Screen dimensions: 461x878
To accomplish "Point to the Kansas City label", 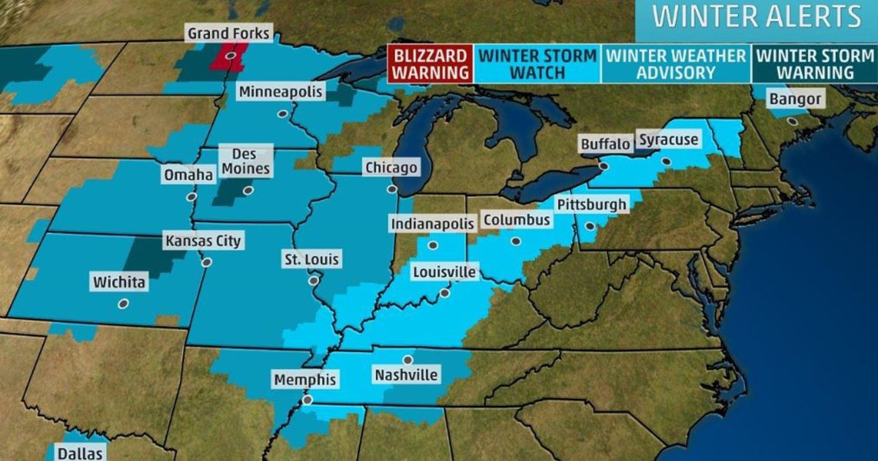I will point(203,241).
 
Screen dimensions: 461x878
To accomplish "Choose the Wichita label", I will point(119,282).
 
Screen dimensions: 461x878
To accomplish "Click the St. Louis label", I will point(312,259).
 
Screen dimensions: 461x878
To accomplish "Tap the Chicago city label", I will point(391,168).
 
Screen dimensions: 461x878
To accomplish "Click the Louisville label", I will point(444,273).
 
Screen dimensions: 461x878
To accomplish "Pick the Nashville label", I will point(406,375).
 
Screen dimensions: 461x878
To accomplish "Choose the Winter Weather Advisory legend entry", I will point(676,64).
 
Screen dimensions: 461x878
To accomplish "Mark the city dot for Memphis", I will point(307,400).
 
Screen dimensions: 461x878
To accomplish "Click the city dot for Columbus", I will point(515,241).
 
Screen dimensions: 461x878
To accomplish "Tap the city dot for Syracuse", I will point(666,161).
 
